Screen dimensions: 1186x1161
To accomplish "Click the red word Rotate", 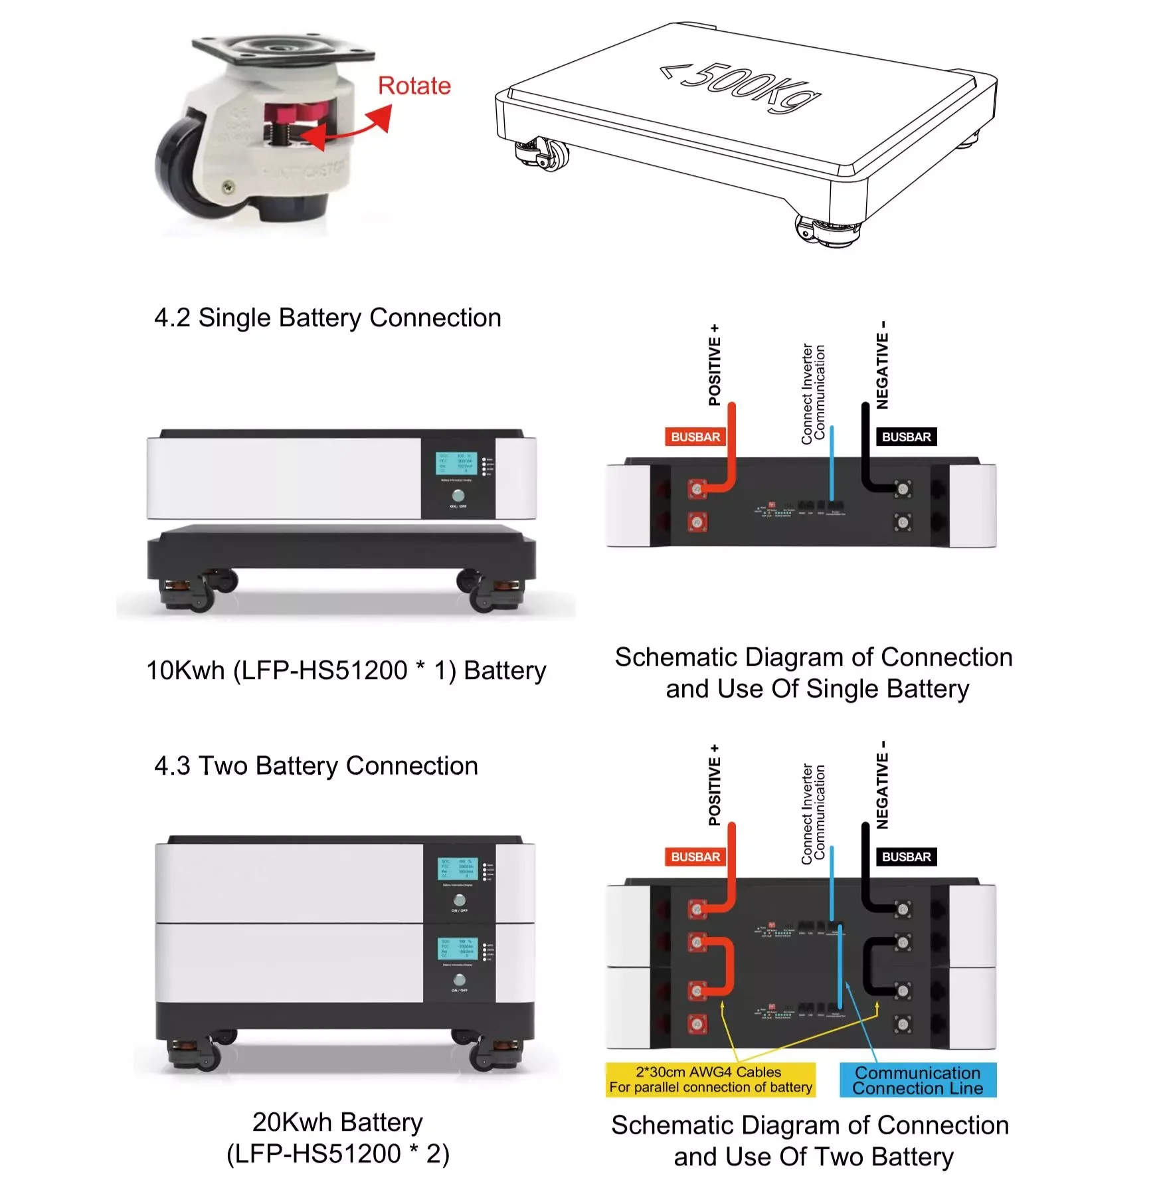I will pos(414,86).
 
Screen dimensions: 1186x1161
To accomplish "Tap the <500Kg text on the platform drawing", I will pos(740,88).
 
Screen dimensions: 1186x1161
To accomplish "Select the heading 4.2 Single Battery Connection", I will pos(327,318).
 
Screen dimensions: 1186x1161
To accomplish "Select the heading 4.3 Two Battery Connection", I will pos(315,765).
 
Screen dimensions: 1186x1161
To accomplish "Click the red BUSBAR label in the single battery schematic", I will pos(695,437).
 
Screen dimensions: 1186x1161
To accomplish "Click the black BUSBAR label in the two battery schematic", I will pos(906,856).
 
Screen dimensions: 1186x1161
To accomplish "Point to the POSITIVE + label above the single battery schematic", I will pos(714,365).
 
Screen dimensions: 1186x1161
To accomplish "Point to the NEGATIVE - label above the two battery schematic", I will pos(882,785).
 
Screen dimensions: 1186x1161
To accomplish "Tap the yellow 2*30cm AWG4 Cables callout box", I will pos(710,1079).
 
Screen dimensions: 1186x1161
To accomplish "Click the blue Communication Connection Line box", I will pos(917,1080).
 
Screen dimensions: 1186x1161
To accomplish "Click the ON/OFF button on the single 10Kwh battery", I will pos(458,496).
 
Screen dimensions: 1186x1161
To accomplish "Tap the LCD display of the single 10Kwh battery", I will pos(455,463).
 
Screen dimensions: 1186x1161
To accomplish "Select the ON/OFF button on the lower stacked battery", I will pos(459,979).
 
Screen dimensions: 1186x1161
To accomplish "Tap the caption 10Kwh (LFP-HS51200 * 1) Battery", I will pos(345,670).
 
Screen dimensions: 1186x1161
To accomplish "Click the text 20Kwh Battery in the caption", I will pos(337,1122).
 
